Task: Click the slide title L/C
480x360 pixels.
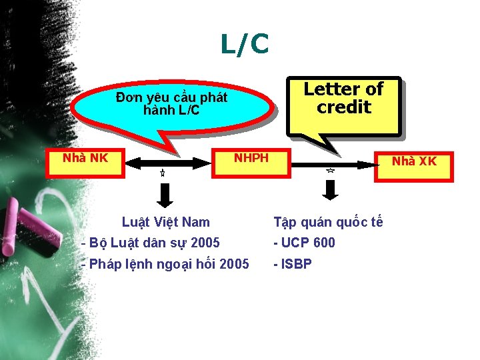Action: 245,45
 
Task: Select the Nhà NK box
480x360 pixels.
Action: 85,162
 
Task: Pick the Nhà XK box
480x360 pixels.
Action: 413,162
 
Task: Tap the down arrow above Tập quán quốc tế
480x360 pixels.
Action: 331,190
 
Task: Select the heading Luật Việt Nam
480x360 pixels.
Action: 165,222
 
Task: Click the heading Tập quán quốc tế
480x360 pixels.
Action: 328,222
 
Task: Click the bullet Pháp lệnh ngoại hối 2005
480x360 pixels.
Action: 165,264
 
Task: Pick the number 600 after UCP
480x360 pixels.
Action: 324,243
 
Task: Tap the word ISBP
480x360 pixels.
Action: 296,264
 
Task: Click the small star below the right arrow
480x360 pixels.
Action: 330,171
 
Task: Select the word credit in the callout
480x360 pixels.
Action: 343,107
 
